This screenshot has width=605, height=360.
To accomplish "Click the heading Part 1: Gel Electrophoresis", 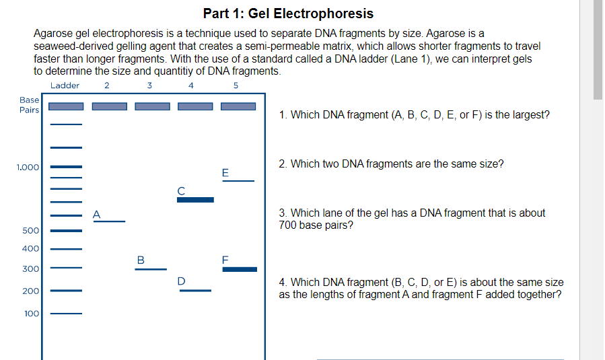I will click(288, 13).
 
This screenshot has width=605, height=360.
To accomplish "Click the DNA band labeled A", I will click(109, 221).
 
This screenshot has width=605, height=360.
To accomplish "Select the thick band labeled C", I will click(195, 200).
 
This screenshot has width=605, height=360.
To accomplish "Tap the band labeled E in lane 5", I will click(238, 180).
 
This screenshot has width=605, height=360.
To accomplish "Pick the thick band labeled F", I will click(240, 269).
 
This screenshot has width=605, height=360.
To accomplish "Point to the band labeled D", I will click(195, 291).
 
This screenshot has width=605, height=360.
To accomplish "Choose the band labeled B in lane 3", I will click(151, 269).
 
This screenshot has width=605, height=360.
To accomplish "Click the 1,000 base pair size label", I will click(28, 167).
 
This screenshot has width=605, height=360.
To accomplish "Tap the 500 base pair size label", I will click(31, 231).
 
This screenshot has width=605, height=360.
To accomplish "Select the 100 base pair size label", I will click(32, 314).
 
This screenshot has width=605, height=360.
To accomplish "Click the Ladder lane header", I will click(65, 85).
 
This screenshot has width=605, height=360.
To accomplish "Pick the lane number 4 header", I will click(191, 85).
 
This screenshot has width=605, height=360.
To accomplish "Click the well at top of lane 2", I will click(109, 106).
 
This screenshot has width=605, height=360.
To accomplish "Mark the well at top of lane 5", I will click(238, 106).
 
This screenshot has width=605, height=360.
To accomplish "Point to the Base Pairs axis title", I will click(29, 105).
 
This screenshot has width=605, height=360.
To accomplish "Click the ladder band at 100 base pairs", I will click(66, 314).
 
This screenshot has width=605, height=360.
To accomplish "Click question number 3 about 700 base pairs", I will click(412, 219).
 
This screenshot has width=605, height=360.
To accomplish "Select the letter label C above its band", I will click(180, 190).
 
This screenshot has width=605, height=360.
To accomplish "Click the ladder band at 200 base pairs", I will click(66, 291).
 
